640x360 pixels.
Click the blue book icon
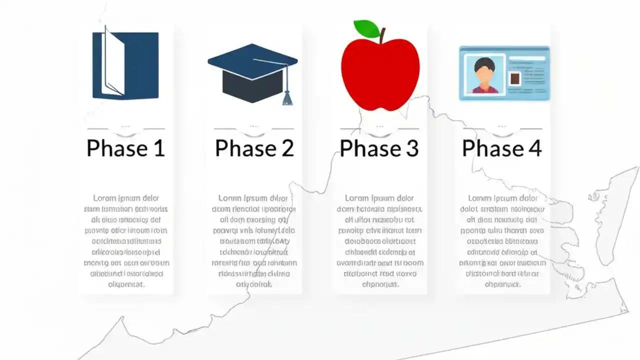(x=125, y=65)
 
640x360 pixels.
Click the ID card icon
(x=504, y=73)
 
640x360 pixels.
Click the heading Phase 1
(x=125, y=148)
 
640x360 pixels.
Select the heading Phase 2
(x=254, y=148)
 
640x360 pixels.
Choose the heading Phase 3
(x=379, y=148)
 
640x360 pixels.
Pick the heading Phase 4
(x=501, y=148)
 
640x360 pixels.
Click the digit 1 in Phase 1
(x=158, y=148)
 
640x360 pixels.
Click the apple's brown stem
(x=382, y=35)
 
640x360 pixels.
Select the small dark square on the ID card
(x=514, y=79)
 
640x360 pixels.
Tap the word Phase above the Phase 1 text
(x=117, y=148)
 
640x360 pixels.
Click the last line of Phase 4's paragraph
(x=502, y=284)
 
